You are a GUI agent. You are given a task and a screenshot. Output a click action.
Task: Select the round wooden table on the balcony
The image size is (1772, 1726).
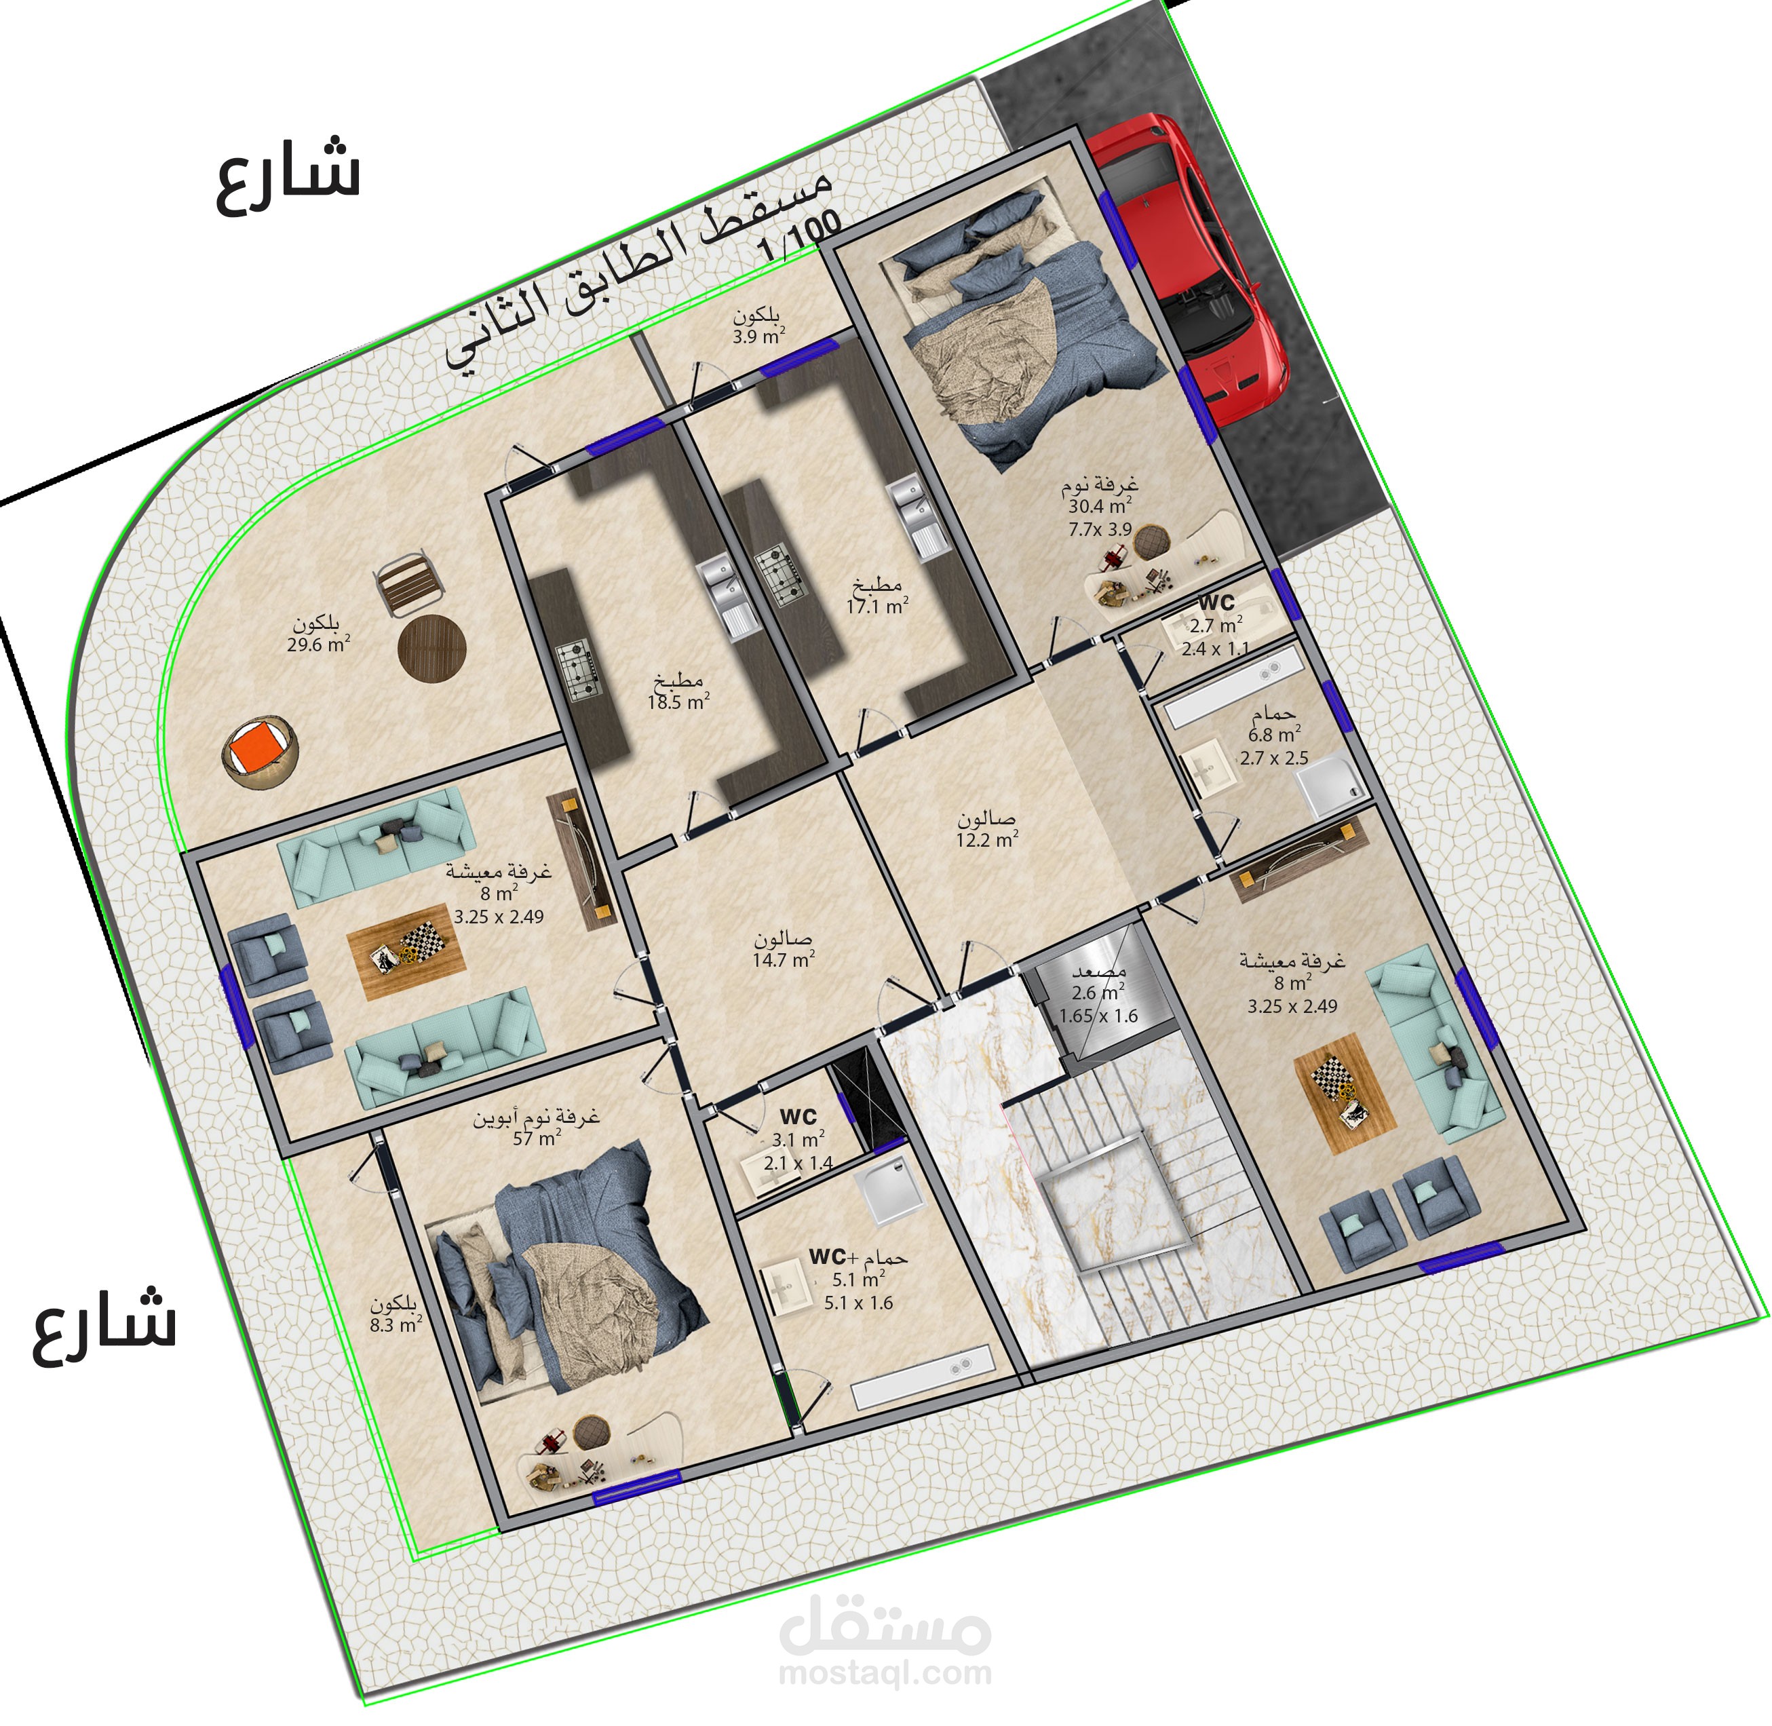431,647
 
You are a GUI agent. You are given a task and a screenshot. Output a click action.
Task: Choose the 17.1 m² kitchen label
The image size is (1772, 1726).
877,596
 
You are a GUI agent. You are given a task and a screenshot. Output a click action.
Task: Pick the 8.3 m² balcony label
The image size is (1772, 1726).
396,1314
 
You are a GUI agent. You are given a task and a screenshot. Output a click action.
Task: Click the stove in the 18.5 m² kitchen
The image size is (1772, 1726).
577,671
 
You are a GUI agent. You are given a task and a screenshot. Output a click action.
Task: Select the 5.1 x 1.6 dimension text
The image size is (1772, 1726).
858,1303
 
